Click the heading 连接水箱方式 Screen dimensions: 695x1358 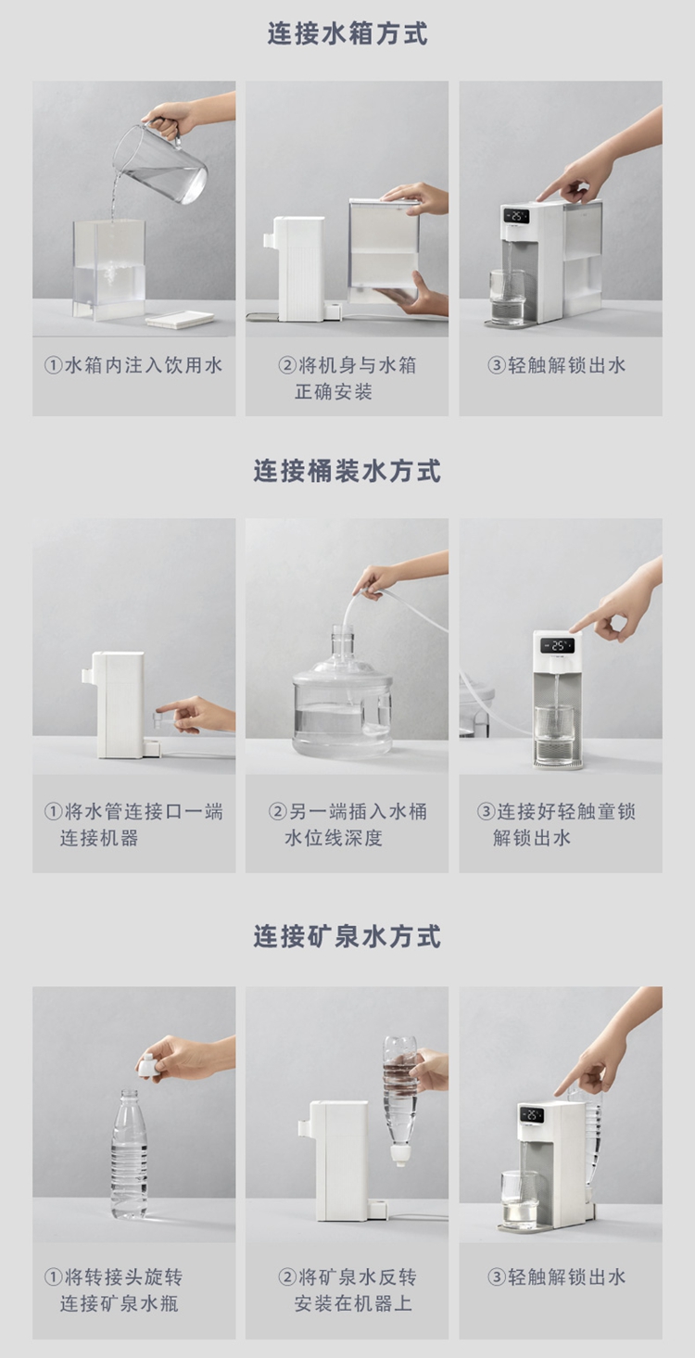click(347, 33)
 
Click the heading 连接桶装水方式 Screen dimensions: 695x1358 click(347, 471)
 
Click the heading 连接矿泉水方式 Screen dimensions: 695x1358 click(347, 936)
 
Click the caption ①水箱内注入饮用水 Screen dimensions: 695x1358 click(133, 365)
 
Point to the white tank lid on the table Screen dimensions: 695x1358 click(180, 319)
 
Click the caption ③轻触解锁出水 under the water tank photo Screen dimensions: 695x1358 click(557, 365)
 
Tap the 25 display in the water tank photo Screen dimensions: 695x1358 click(515, 216)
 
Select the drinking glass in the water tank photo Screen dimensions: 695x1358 click(507, 297)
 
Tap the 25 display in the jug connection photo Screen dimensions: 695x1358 click(558, 646)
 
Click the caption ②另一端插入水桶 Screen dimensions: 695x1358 click(347, 811)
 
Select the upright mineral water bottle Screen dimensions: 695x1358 click(129, 1154)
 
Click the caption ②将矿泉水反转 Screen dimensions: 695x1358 click(347, 1276)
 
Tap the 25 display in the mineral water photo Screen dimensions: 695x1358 click(531, 1115)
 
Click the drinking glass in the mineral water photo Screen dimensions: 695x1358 click(520, 1197)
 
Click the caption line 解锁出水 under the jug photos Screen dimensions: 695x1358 click(532, 838)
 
